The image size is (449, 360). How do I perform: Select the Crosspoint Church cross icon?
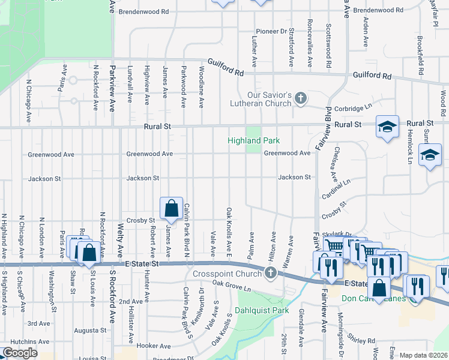pyautogui.click(x=270, y=274)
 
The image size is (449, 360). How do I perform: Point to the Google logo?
pyautogui.click(x=20, y=353)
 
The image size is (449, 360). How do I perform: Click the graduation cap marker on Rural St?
pyautogui.click(x=387, y=127)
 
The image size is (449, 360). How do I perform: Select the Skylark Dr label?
pyautogui.click(x=337, y=234)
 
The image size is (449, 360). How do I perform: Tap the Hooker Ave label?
pyautogui.click(x=154, y=346)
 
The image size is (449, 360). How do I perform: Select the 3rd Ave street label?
pyautogui.click(x=38, y=323)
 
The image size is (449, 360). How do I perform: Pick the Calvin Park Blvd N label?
pyautogui.click(x=187, y=231)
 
